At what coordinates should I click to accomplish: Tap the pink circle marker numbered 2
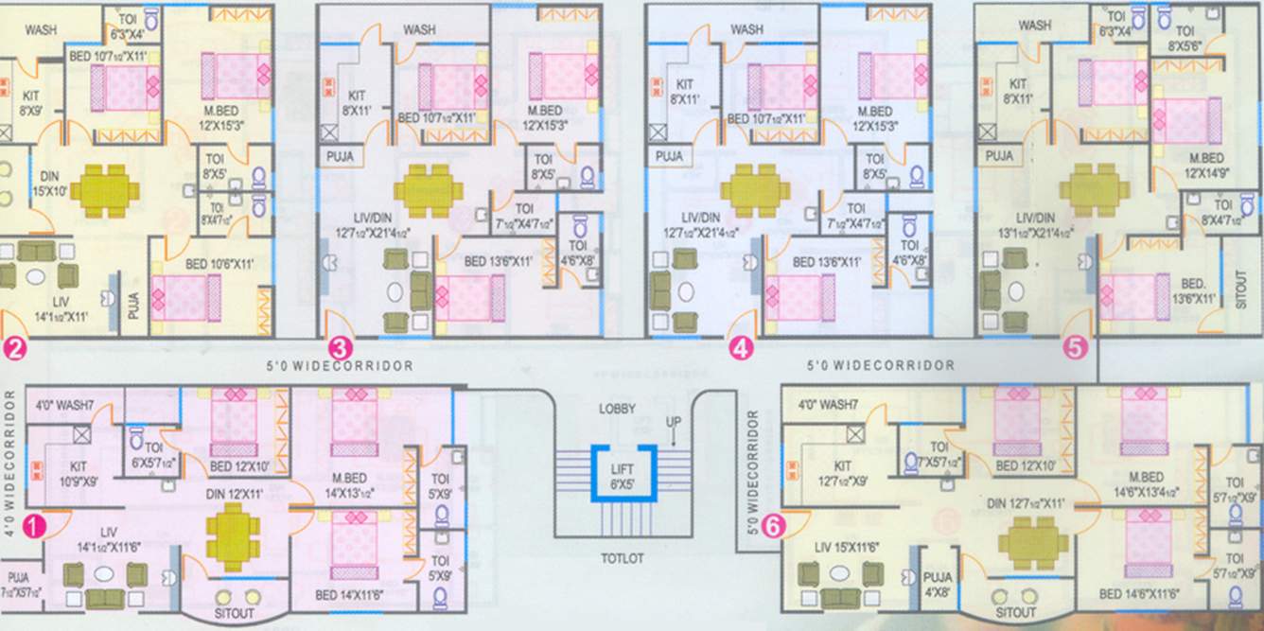(x=13, y=348)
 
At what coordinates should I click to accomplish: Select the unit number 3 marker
(x=340, y=347)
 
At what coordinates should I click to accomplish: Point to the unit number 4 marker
(x=741, y=348)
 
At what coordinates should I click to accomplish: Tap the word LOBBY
(x=617, y=409)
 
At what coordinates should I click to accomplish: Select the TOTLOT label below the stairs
(x=621, y=559)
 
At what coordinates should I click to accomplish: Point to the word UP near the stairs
(x=674, y=421)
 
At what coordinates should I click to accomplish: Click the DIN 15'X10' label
(x=49, y=184)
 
